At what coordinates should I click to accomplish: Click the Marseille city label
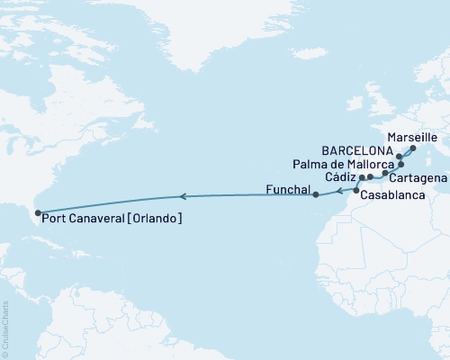418,136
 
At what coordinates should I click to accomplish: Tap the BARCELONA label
358,150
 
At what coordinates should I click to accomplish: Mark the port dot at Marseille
412,148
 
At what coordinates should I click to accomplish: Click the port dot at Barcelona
399,156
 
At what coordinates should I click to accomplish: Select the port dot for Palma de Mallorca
402,165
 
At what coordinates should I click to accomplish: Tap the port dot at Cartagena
385,173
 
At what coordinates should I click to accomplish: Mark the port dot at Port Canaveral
37,214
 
